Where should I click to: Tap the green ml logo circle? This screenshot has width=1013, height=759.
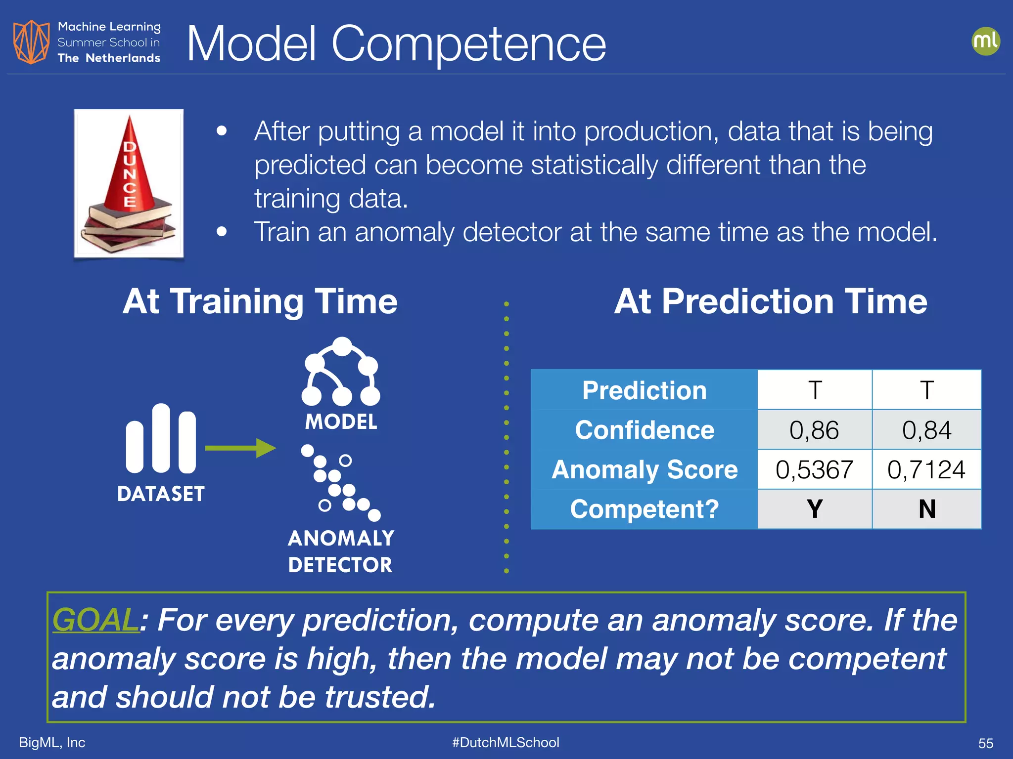pos(985,41)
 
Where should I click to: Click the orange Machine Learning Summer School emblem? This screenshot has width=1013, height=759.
pos(31,42)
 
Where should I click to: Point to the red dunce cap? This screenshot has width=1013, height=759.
pos(130,166)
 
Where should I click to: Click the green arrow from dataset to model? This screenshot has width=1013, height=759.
pos(240,448)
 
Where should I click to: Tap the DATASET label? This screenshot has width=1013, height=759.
pos(161,494)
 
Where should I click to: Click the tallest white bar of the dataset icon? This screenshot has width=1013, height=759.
pos(161,438)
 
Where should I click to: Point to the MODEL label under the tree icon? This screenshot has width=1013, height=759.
pos(341,422)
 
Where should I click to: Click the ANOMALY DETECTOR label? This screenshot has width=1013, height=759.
pos(341,551)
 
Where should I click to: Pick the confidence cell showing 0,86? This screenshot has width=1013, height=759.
pos(814,430)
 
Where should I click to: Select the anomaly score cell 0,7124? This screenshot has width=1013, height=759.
pos(926,469)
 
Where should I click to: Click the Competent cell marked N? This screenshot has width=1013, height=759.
pos(926,509)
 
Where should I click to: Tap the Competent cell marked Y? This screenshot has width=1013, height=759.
pos(814,509)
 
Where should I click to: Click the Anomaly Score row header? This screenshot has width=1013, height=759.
pos(645,469)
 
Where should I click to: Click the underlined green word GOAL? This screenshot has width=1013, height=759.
pos(96,620)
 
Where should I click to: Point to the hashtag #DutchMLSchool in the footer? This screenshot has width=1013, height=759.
pos(506,742)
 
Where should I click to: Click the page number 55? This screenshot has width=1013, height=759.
pos(985,743)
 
